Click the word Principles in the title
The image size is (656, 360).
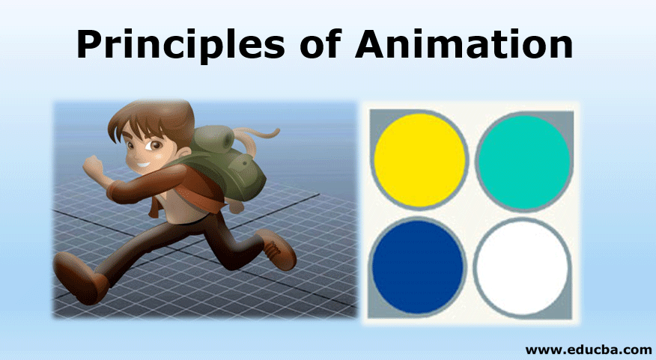click(x=180, y=45)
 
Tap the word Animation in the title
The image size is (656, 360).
click(x=464, y=44)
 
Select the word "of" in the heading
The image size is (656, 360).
click(x=320, y=44)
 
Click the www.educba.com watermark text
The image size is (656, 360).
click(x=588, y=350)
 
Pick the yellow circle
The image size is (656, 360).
click(x=419, y=159)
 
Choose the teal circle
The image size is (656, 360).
click(x=523, y=161)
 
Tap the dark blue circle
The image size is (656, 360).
click(x=418, y=267)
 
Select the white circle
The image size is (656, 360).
click(x=523, y=268)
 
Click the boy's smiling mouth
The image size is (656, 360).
click(x=143, y=165)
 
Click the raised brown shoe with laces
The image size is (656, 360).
click(x=277, y=249)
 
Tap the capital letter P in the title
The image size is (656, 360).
click(x=90, y=44)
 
